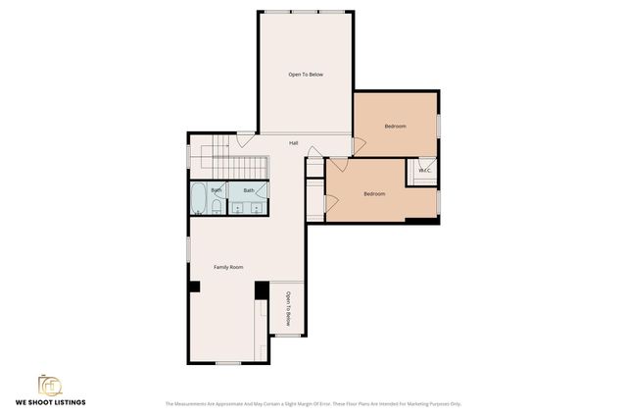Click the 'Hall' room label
point(294,143)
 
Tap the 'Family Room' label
point(228,267)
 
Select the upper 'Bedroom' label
point(395,127)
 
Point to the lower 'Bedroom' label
point(374,193)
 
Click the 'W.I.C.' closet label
point(424,171)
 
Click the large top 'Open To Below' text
point(306,75)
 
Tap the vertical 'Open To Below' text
point(288,308)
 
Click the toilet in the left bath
point(217,206)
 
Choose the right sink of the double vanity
point(257,207)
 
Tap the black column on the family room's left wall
point(194,287)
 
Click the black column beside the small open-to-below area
point(262,290)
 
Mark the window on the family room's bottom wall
point(228,363)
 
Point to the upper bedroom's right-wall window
point(439,126)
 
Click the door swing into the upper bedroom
point(359,144)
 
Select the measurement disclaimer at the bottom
point(313,403)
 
